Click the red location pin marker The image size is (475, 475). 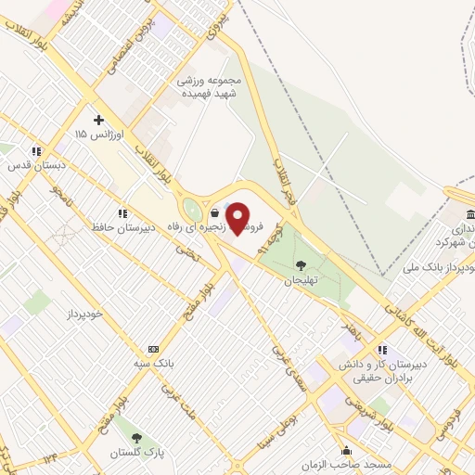[x=238, y=219]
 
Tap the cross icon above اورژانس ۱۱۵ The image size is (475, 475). [x=98, y=120]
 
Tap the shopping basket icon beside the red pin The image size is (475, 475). [x=215, y=212]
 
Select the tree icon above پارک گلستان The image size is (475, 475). [x=138, y=436]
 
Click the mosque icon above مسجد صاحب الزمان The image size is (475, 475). [x=347, y=450]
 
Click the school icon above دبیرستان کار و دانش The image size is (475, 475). [x=382, y=350]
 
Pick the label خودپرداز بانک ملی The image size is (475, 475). [x=432, y=266]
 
